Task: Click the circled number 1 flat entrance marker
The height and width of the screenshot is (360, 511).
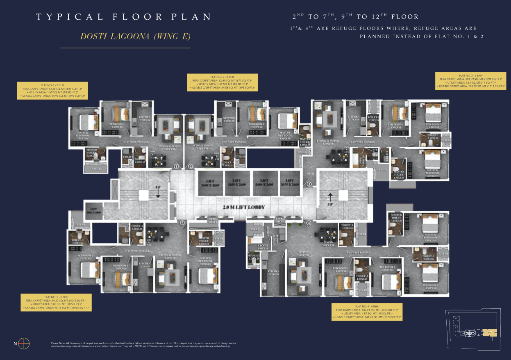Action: click(177, 166)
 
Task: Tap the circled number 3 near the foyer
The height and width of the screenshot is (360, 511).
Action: click(309, 184)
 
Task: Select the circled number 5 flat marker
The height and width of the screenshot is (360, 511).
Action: click(182, 223)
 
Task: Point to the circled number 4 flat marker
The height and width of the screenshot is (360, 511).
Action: click(308, 223)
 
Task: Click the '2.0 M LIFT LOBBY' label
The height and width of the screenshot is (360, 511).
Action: click(243, 207)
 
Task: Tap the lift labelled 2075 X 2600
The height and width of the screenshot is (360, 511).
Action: click(290, 182)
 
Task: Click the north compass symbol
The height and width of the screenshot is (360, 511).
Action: click(24, 343)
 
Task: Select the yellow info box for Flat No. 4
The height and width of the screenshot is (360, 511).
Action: click(367, 312)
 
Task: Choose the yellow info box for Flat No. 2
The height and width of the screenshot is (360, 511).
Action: click(222, 82)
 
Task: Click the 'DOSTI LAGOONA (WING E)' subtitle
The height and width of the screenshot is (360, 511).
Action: click(136, 36)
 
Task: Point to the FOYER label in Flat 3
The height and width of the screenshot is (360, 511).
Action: click(310, 174)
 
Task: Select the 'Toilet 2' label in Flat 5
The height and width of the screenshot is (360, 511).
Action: click(77, 242)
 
